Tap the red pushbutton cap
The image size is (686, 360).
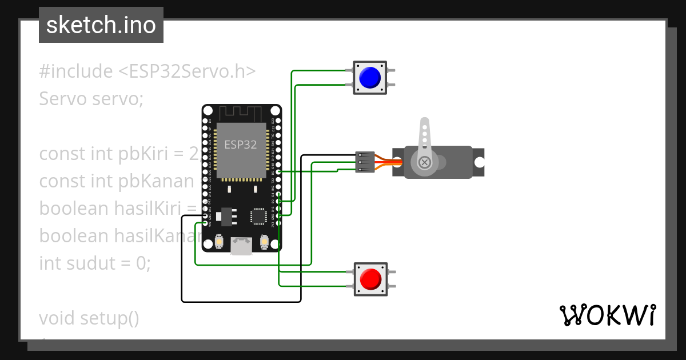click(x=370, y=278)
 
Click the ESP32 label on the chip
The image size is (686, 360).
click(x=240, y=145)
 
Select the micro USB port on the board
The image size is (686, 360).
click(x=241, y=246)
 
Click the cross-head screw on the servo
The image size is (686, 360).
click(x=425, y=163)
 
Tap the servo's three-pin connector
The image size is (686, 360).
click(x=365, y=162)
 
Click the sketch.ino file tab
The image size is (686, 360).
click(x=101, y=25)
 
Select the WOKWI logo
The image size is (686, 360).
click(x=607, y=315)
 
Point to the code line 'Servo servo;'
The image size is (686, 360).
click(x=91, y=99)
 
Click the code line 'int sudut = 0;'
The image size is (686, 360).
click(x=95, y=263)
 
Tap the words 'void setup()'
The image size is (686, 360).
click(x=89, y=318)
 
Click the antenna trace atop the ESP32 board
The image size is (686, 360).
click(x=241, y=113)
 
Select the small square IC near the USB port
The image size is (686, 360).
click(x=258, y=216)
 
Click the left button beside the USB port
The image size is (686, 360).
click(x=219, y=242)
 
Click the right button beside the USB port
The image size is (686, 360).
click(x=264, y=242)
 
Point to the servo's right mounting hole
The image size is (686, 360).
click(x=478, y=162)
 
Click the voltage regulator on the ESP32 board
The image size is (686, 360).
click(x=228, y=216)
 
